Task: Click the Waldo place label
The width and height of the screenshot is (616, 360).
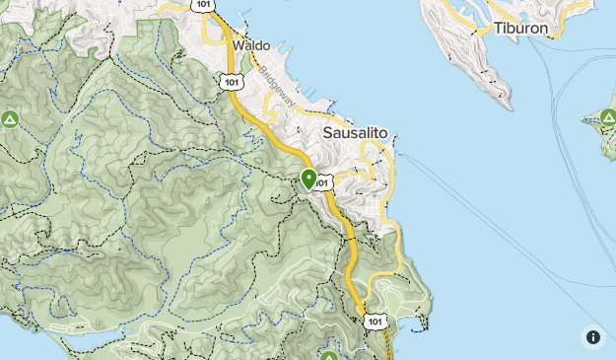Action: click(251, 45)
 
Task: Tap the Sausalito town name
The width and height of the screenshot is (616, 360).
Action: click(356, 132)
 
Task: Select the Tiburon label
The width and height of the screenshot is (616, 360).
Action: click(520, 28)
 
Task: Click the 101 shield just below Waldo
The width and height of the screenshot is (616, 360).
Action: click(231, 82)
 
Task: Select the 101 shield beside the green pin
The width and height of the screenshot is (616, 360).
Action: click(325, 182)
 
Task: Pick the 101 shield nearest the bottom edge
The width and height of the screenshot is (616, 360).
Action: click(374, 322)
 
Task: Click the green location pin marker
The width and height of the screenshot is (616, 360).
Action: click(308, 179)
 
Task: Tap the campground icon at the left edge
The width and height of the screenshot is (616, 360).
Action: click(10, 119)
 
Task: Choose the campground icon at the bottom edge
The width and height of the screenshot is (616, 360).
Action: click(329, 354)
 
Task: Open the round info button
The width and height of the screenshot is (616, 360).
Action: click(592, 336)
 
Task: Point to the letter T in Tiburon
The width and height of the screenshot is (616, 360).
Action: click(498, 28)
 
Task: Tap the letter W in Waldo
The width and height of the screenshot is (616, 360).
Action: click(238, 45)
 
